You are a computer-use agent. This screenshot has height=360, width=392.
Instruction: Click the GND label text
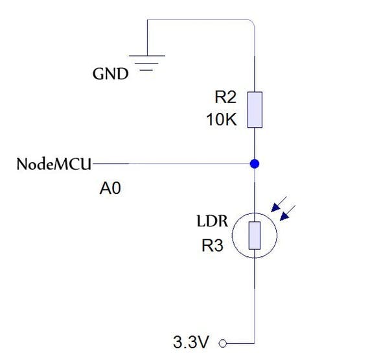110,74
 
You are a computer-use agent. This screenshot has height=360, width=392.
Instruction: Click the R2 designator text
226,98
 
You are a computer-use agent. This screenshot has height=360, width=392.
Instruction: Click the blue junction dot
255,163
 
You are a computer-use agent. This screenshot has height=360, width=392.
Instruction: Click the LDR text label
212,221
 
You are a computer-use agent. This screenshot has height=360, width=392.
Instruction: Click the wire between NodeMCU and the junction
175,163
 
